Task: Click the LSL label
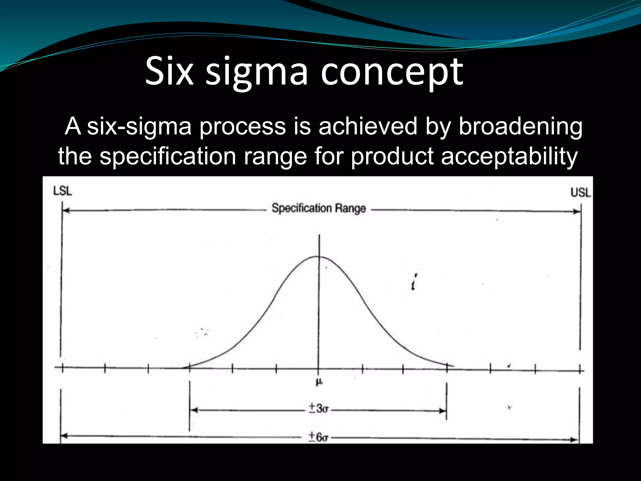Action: (x=63, y=191)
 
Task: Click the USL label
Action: (x=581, y=192)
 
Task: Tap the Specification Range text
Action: (x=319, y=208)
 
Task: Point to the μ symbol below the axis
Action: (x=319, y=382)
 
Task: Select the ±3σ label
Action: (x=318, y=409)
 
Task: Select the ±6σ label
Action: (x=318, y=437)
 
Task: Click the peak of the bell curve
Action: (x=318, y=257)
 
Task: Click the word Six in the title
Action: (x=169, y=71)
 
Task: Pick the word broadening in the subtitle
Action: (x=520, y=126)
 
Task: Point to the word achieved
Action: (x=368, y=126)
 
